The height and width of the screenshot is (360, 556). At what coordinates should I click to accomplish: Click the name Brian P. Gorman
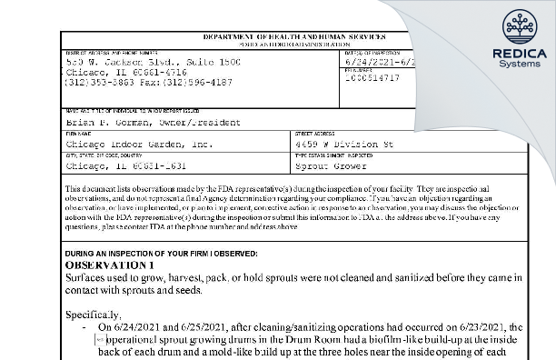coord(101,120)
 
